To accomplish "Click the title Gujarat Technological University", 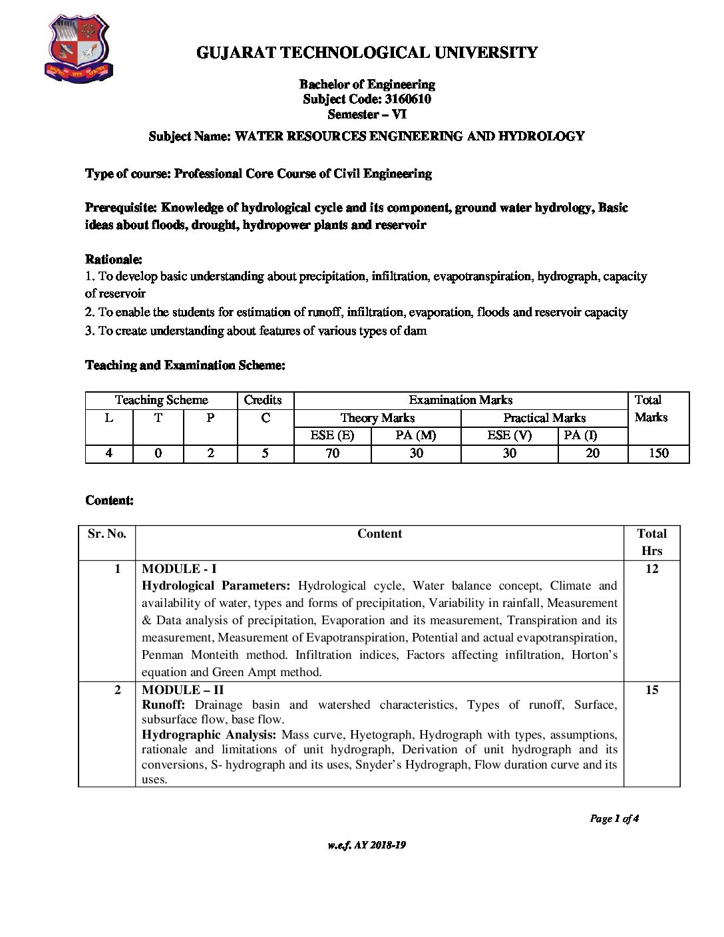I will tap(367, 53).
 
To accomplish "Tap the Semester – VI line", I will tap(367, 114).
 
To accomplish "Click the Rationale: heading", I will tap(114, 260).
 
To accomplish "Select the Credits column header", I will tap(263, 400).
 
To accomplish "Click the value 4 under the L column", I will tap(108, 453).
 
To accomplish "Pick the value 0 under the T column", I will tap(158, 453).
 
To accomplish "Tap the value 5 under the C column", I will tap(265, 453).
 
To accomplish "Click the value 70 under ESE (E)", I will tap(332, 453).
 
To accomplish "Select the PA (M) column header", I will tap(415, 436).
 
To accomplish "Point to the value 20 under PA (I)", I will tap(592, 453).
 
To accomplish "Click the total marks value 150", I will tap(658, 453).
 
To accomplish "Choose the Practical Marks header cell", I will tap(544, 418).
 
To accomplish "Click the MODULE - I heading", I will tap(179, 569).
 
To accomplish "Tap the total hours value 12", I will tap(651, 569).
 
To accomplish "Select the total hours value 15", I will tap(651, 690).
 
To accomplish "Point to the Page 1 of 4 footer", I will tap(614, 819).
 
